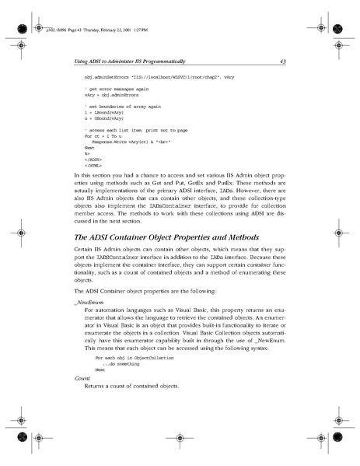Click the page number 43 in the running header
pyautogui.click(x=284, y=61)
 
